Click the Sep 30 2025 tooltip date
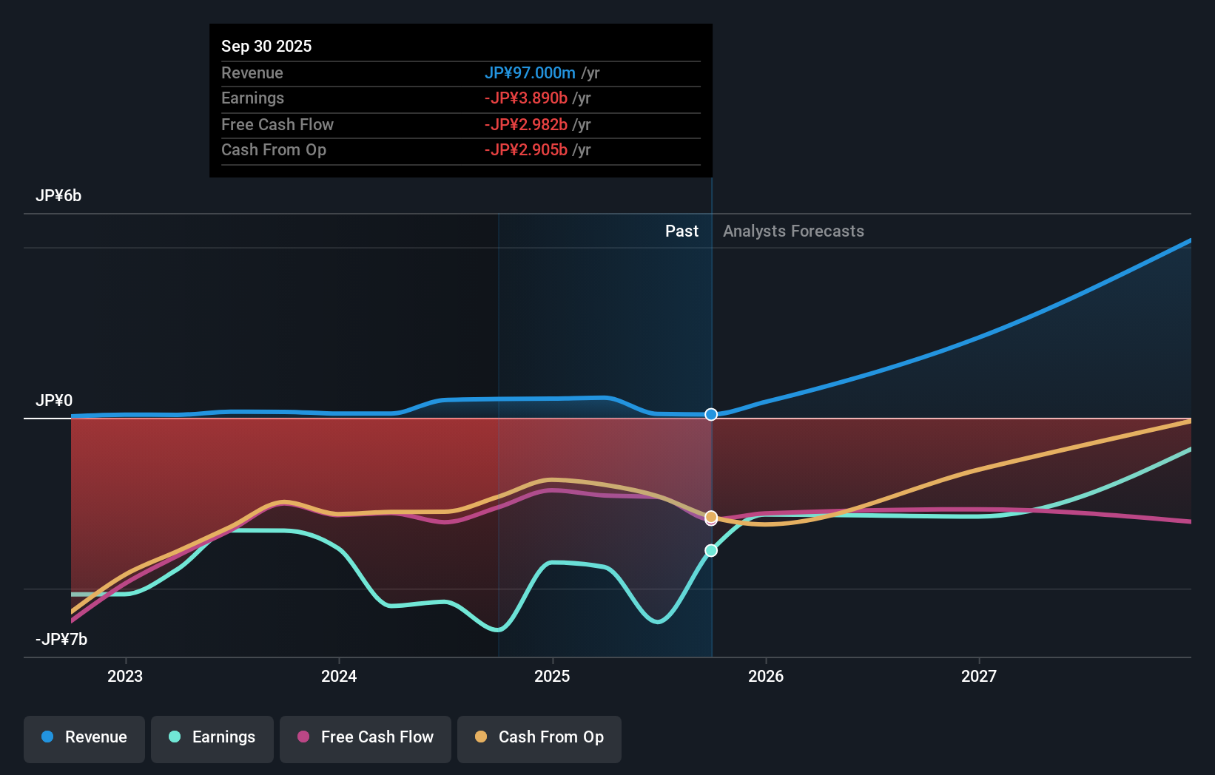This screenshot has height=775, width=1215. pos(266,46)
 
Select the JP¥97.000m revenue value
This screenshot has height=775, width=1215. pos(530,72)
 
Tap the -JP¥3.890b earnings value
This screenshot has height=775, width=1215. pos(526,98)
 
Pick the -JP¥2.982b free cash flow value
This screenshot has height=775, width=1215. pos(526,124)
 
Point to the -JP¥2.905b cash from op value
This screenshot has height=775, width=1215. pos(526,150)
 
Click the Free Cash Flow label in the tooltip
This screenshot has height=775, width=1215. pos(277,124)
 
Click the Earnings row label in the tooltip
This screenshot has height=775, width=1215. pos(252,98)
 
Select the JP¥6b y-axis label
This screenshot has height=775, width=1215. pos(58,196)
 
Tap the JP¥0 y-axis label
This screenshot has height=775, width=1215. pos(54,401)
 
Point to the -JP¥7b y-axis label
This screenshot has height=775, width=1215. pos(61,640)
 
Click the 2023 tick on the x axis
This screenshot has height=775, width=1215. pos(125,676)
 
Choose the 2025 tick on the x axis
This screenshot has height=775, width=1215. pos(552,676)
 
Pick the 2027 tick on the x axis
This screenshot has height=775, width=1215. pos(978,676)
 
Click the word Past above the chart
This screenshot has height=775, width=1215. pos(681,231)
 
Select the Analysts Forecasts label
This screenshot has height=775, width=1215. pos(793,231)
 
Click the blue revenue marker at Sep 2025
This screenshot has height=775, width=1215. pos(711,414)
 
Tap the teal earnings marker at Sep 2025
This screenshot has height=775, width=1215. pos(711,550)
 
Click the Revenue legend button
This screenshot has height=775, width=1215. pos(84,737)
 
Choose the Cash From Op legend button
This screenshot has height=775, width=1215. pos(539,737)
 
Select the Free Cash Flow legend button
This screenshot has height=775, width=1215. pos(366,737)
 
